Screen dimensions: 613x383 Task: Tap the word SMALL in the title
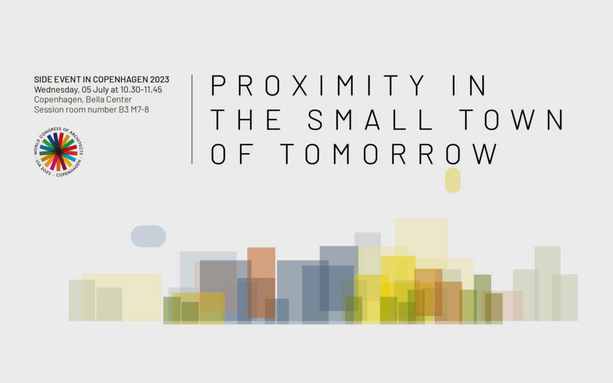pos(371,120)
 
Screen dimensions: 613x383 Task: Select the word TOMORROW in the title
pos(389,154)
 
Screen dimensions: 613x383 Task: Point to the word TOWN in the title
pos(511,120)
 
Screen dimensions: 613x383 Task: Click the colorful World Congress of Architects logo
pos(58,151)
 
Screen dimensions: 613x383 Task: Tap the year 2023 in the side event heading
pos(159,79)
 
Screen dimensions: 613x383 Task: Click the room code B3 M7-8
pos(134,110)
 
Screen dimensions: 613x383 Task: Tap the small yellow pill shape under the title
pos(453,180)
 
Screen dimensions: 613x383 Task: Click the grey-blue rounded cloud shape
pos(148,236)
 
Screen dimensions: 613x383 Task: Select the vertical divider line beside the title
pos(192,119)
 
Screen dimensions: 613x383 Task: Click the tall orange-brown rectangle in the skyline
pos(261,282)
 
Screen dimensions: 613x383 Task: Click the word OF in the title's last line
pos(233,154)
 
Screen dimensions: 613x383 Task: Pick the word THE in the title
pos(246,120)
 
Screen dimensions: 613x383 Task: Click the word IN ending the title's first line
pos(469,85)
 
